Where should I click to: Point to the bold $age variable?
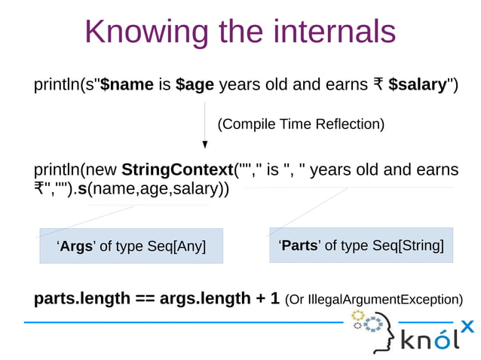pyautogui.click(x=195, y=84)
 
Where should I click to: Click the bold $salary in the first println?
pyautogui.click(x=418, y=84)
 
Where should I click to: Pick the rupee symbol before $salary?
pyautogui.click(x=378, y=84)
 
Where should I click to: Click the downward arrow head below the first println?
pyautogui.click(x=205, y=145)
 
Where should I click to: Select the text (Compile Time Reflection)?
pyautogui.click(x=301, y=124)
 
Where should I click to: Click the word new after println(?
pyautogui.click(x=103, y=169)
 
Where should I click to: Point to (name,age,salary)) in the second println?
pyautogui.click(x=158, y=188)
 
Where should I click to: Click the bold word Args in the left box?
pyautogui.click(x=76, y=246)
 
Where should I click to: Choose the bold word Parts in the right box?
pyautogui.click(x=299, y=246)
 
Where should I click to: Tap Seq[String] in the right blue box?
pyautogui.click(x=408, y=246)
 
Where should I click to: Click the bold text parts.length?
pyautogui.click(x=82, y=298)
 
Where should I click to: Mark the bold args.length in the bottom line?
pyautogui.click(x=204, y=298)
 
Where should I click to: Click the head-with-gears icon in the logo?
pyautogui.click(x=372, y=331)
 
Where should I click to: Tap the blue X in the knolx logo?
pyautogui.click(x=467, y=326)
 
